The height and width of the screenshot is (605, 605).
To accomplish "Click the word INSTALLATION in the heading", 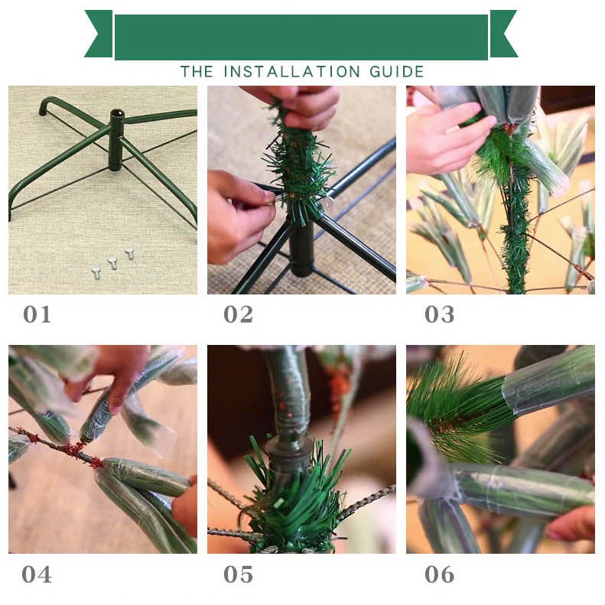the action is (291, 72).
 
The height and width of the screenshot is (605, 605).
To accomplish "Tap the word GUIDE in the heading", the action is (397, 72).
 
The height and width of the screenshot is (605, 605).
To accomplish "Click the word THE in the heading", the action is (197, 72).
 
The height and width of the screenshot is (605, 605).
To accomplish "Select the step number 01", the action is (37, 314).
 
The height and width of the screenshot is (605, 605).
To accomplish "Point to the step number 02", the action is (239, 314).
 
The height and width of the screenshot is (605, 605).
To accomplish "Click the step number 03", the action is (440, 314).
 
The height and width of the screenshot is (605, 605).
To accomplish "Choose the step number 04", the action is (37, 574).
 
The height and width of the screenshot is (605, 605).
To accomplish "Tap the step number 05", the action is (239, 574).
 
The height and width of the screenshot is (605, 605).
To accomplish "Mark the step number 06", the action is (440, 574).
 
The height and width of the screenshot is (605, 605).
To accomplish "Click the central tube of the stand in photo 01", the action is (115, 140).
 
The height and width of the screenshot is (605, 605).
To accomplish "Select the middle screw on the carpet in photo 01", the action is (112, 263).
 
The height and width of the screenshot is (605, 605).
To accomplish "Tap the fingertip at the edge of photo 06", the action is (571, 524).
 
